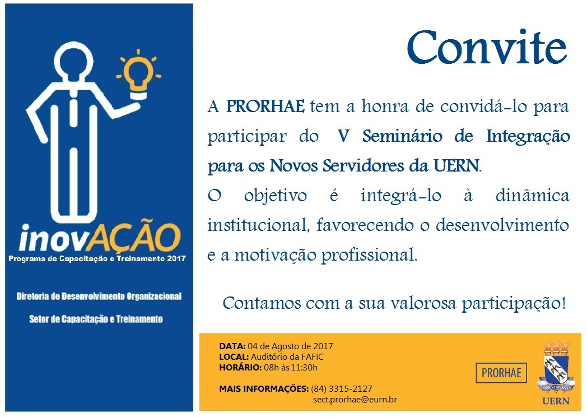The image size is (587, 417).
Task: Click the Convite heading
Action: point(487,48)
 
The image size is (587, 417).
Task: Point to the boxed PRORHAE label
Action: point(501,373)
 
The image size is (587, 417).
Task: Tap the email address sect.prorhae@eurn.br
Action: point(355,400)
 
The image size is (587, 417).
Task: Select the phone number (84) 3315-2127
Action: point(342,389)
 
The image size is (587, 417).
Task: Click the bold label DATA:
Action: point(232,346)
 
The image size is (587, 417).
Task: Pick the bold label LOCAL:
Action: point(234,356)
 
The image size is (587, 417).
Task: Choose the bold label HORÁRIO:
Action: point(240,367)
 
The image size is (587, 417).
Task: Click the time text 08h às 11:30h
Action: point(291,368)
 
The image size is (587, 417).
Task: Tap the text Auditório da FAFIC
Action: point(287,356)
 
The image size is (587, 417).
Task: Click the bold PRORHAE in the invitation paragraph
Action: point(265,106)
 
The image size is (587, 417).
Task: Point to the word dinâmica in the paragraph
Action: point(532,196)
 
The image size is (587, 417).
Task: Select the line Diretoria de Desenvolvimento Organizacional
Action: point(99,296)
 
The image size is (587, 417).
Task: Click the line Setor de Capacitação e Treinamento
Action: point(96,319)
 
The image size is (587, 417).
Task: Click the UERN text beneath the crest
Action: point(556,401)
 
